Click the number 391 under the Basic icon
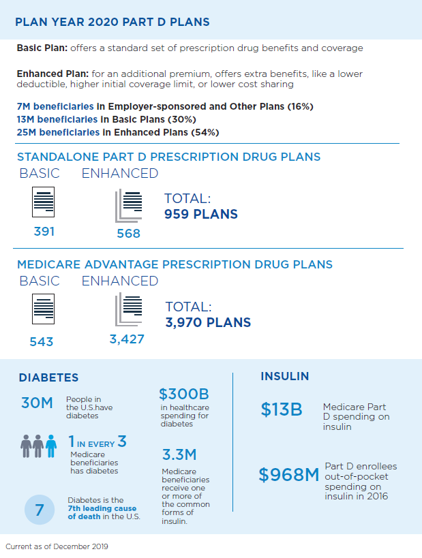pos(44,232)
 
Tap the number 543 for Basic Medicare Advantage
pos(42,341)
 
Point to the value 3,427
pos(127,339)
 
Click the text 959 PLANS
pos(201,215)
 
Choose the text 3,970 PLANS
pos(208,322)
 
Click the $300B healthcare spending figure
pos(183,394)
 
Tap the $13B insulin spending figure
pos(281,409)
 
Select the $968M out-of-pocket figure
pos(289,475)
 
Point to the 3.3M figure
pos(180,454)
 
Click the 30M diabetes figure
pos(37,403)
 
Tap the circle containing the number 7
pos(40,510)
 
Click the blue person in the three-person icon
pos(50,447)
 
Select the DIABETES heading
pos(48,377)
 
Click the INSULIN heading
pos(285,376)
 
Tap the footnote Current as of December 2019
pos(57,546)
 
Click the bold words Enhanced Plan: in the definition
pos(46,74)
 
